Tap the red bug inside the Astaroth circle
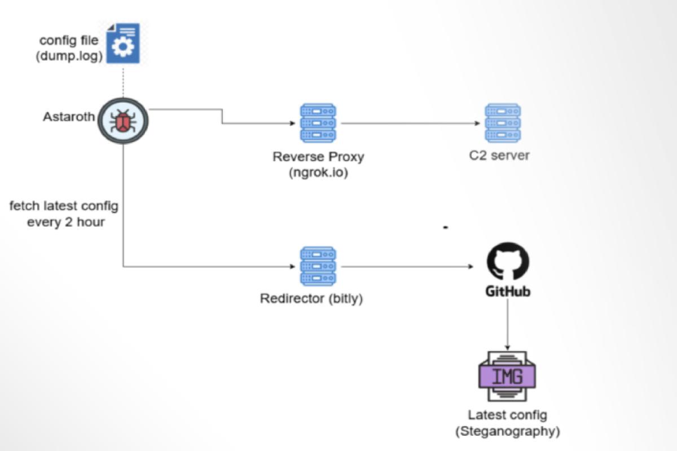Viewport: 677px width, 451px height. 122,121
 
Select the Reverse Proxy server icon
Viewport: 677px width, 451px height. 318,122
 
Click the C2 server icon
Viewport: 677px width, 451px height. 502,122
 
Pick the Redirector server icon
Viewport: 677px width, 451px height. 318,266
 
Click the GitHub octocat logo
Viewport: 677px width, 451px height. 508,261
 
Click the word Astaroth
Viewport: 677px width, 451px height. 69,118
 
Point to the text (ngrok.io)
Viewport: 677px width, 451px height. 318,172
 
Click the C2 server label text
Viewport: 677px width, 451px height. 499,156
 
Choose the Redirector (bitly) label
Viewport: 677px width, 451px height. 311,298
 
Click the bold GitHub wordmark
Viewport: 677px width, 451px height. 508,292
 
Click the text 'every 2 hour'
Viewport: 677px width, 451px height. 65,222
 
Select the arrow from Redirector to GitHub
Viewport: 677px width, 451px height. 406,266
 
